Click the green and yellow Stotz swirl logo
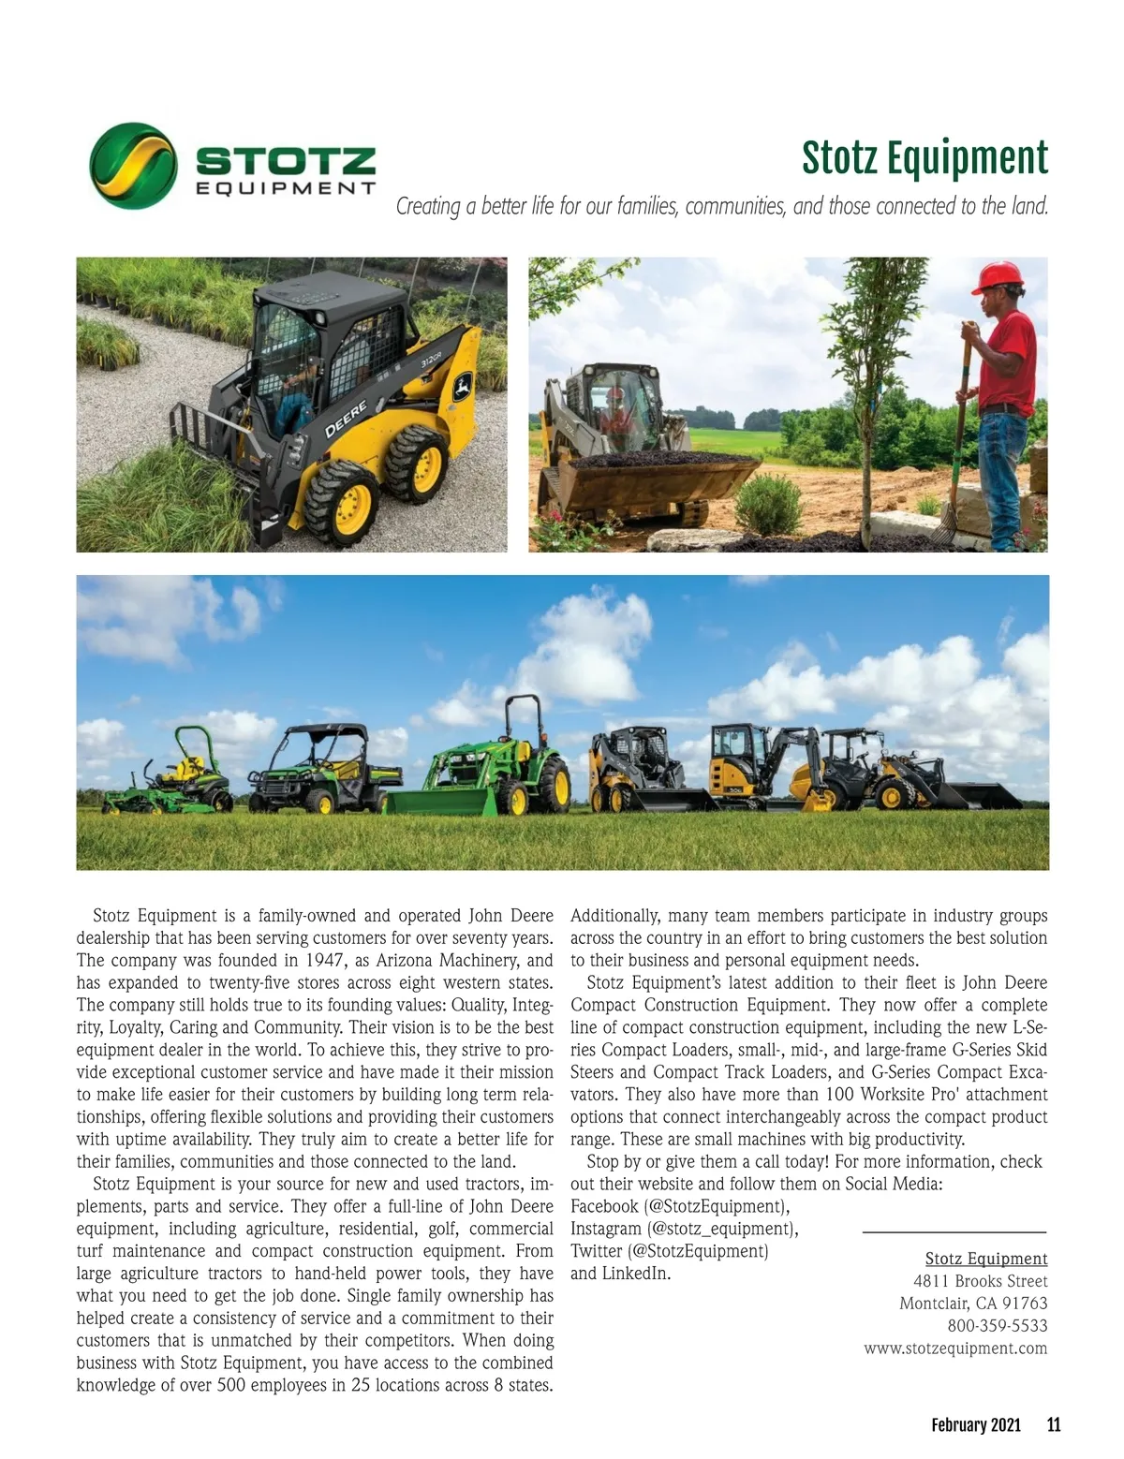pos(133,166)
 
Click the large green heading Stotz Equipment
pos(924,157)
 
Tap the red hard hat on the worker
pos(998,276)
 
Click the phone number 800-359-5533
pos(998,1326)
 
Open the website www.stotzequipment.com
pos(955,1348)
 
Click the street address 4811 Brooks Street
pos(980,1281)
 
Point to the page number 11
pos(1054,1425)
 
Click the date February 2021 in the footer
pos(975,1425)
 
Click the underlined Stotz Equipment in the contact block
pos(985,1259)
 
